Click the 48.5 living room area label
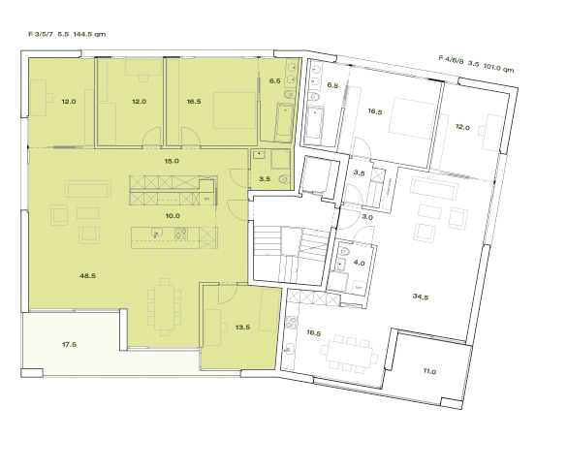(87, 276)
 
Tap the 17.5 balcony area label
(69, 344)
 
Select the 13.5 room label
(242, 328)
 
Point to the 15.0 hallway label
(173, 161)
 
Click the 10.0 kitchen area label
(173, 216)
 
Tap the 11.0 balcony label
(429, 371)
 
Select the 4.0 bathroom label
(359, 262)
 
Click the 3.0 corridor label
(367, 218)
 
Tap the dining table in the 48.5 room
(164, 304)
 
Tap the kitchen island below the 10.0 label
(166, 234)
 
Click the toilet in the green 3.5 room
(281, 180)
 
